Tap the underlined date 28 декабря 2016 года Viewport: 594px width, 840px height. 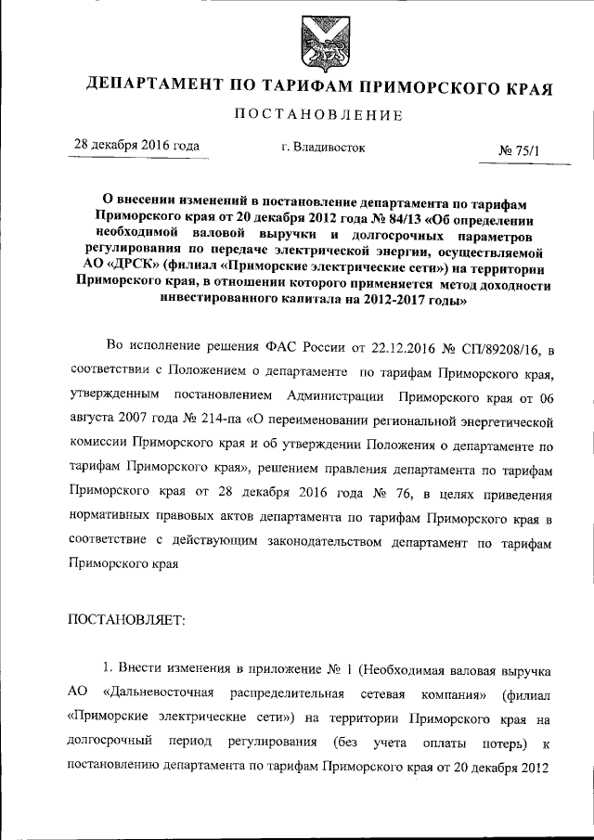[x=136, y=146]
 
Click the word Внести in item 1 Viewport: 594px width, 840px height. [x=144, y=671]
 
